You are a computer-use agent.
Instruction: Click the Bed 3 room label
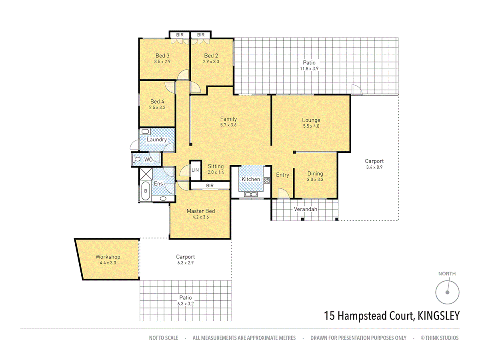coord(162,56)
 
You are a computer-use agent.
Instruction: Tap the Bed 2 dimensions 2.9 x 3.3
coord(211,62)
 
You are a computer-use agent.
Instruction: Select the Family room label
coord(228,119)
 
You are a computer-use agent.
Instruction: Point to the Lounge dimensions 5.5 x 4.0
coord(311,126)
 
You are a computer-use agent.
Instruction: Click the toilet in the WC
coord(137,160)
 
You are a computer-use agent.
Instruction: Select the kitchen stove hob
coord(266,180)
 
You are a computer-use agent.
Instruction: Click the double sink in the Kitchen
coord(250,194)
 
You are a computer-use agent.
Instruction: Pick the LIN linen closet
coord(195,170)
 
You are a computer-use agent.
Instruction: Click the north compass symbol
coord(447,292)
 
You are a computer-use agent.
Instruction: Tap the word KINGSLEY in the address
coord(438,316)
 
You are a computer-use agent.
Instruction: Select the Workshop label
coord(108,257)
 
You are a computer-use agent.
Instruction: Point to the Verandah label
coord(306,209)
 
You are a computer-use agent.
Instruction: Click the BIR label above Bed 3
coord(180,35)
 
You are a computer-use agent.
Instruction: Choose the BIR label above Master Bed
coord(210,186)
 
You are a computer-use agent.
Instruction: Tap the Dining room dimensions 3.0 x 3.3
coord(315,180)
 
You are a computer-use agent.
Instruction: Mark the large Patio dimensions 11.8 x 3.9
coord(309,69)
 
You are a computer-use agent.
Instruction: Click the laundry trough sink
coord(145,132)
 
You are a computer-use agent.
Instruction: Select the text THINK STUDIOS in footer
coord(442,338)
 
